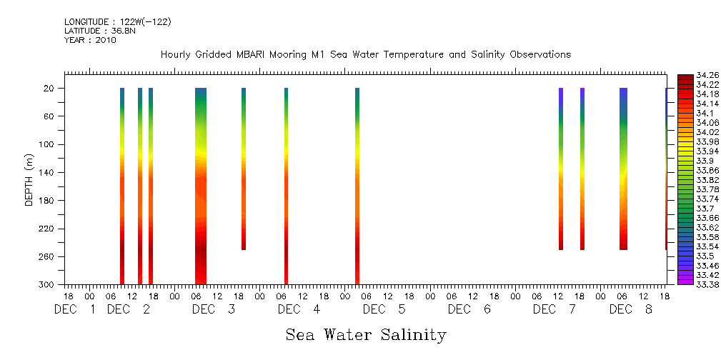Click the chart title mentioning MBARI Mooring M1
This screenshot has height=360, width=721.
[365, 55]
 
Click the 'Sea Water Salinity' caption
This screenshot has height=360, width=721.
[366, 335]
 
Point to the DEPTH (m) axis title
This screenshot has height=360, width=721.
[29, 179]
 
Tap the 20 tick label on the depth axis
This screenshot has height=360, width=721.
[49, 89]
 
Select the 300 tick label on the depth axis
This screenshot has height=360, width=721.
[47, 285]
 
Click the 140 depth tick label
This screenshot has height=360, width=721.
[47, 173]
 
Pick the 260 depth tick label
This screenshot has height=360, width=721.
[47, 257]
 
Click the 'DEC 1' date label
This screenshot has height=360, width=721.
[75, 310]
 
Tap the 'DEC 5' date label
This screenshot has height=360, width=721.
[384, 310]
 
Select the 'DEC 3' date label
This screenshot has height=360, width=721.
[214, 310]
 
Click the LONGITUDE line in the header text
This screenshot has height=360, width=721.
[117, 22]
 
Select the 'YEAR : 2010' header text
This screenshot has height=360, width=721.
[90, 40]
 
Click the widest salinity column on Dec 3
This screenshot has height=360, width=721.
[201, 186]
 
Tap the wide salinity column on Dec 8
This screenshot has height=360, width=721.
[623, 169]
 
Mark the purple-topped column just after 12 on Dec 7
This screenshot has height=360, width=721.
[561, 169]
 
